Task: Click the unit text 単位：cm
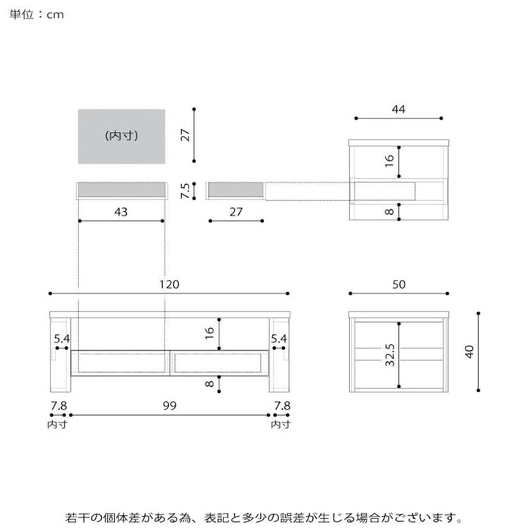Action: click(36, 15)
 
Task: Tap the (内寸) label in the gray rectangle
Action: click(121, 137)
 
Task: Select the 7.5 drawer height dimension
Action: click(183, 190)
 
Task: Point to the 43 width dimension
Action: click(121, 212)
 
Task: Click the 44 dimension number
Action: click(398, 109)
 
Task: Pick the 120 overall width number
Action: click(168, 284)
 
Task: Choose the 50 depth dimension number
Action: click(399, 284)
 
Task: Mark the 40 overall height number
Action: click(469, 351)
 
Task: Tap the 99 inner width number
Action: click(169, 407)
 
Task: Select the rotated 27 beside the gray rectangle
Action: click(183, 135)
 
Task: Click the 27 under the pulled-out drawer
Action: click(236, 212)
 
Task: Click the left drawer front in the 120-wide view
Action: click(121, 364)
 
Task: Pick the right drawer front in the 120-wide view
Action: click(217, 364)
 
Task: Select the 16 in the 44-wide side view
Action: click(389, 161)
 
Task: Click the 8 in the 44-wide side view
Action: click(389, 212)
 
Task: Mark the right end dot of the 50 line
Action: click(447, 293)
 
